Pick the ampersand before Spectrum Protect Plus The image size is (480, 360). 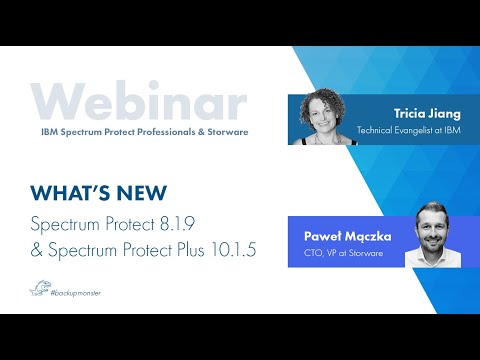pos(39,249)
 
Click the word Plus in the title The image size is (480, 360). pos(185,249)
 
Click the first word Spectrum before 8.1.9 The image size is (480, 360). pos(67,223)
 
